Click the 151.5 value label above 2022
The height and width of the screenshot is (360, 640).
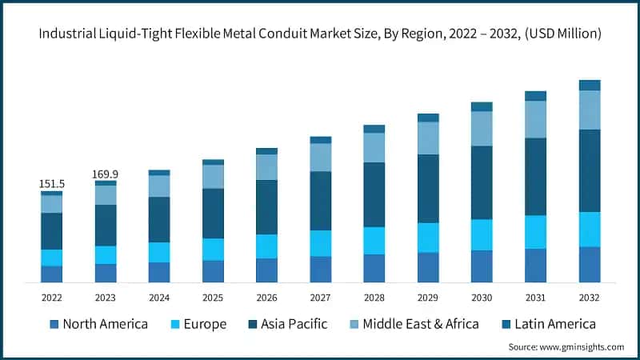click(x=52, y=184)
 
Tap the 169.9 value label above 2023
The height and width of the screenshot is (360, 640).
click(x=106, y=174)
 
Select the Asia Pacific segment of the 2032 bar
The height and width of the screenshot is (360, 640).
click(x=590, y=170)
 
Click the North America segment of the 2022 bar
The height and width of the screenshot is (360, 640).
click(x=52, y=274)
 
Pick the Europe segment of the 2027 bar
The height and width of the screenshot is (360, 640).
click(x=321, y=243)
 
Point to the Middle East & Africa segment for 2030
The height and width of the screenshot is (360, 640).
click(x=482, y=128)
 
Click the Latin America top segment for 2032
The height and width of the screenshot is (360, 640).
click(x=590, y=85)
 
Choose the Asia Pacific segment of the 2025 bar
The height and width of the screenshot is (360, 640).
click(x=214, y=214)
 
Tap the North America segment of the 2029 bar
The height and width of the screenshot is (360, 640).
click(x=428, y=267)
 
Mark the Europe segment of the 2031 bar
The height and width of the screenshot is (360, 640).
click(x=536, y=232)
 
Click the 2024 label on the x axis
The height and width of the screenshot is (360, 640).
click(x=159, y=296)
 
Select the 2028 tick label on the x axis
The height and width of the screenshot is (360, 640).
click(x=374, y=296)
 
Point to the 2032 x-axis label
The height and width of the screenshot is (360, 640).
click(x=590, y=296)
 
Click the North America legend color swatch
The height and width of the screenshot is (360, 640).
click(x=54, y=324)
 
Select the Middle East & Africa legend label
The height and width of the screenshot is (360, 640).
click(x=421, y=324)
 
